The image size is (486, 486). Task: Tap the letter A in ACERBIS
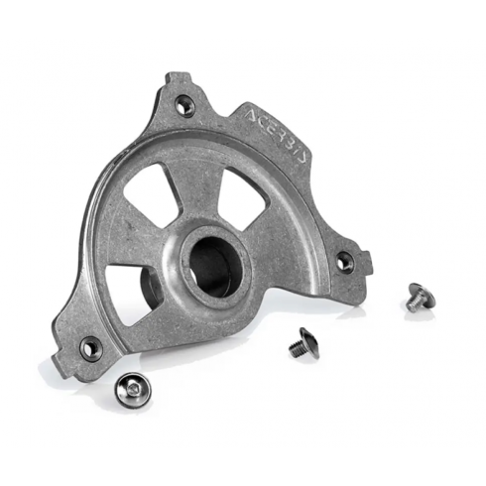point(251,115)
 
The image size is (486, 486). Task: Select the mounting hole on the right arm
point(344,258)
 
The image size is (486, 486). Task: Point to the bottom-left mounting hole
point(90,346)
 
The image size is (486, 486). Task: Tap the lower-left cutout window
point(132,291)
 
